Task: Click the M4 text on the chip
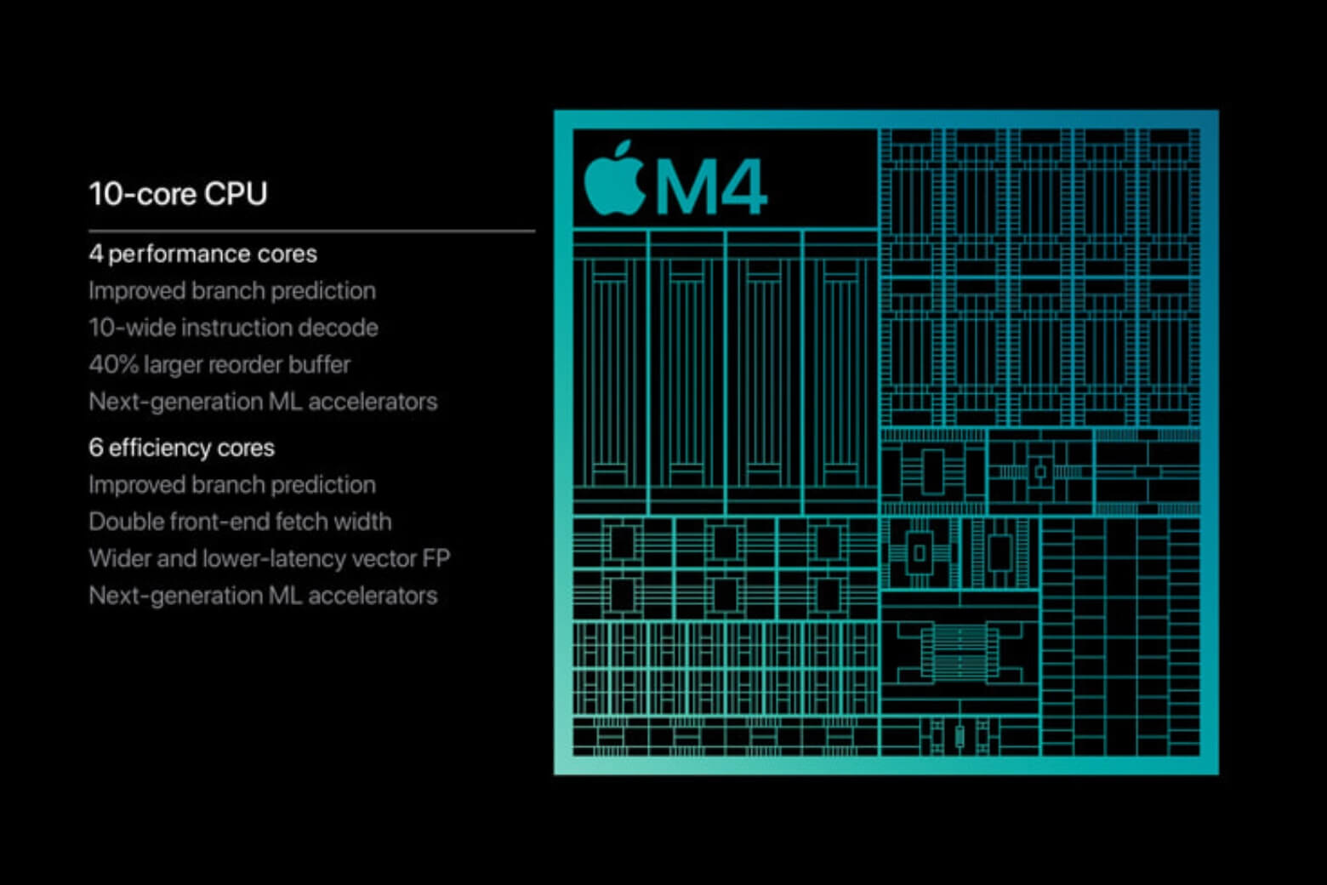(x=710, y=187)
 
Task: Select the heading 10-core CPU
(x=178, y=194)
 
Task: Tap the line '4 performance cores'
(x=202, y=254)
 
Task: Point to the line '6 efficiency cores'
(x=181, y=448)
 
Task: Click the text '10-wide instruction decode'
(x=233, y=328)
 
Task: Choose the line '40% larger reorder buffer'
(x=219, y=364)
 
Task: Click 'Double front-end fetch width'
(x=240, y=521)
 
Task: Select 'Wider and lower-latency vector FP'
(x=269, y=558)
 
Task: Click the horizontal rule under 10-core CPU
(x=311, y=231)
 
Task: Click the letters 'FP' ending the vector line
(x=436, y=558)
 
